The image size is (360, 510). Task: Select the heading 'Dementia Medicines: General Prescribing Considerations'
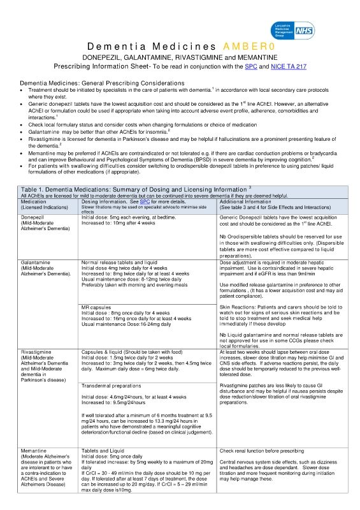(102, 84)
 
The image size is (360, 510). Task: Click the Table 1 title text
(134, 189)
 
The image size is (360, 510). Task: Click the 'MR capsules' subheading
(97, 308)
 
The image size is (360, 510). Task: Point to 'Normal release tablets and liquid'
(119, 263)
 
